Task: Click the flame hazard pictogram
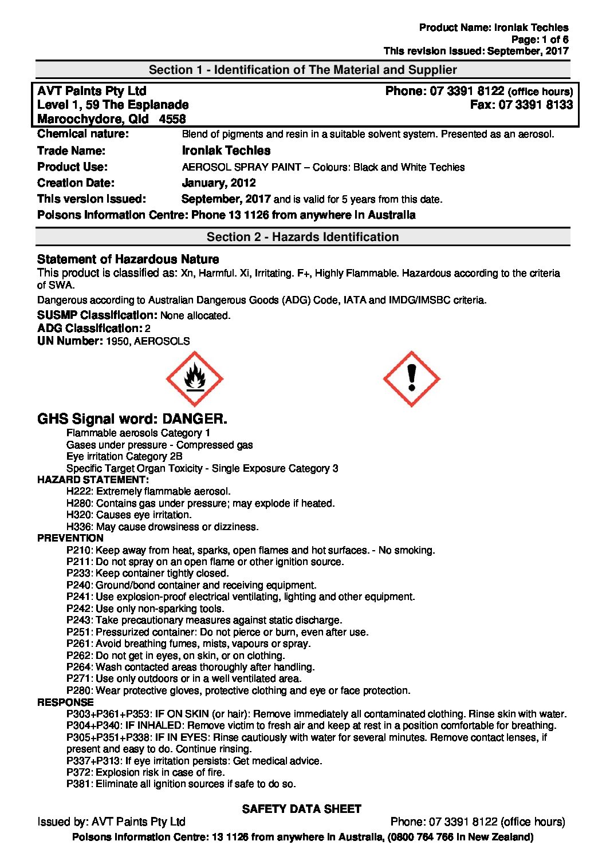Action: [194, 379]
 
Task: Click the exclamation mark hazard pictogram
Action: [411, 379]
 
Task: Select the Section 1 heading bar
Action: [302, 70]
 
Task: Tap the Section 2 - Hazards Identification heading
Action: [302, 237]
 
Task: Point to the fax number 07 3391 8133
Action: [536, 105]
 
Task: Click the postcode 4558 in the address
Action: [172, 119]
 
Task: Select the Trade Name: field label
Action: [71, 151]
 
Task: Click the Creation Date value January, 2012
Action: [218, 183]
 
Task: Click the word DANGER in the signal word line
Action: [194, 418]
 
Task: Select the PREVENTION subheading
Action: [70, 538]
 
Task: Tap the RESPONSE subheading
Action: [65, 702]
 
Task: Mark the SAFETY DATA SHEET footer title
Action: [302, 809]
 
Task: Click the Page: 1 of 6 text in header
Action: [540, 40]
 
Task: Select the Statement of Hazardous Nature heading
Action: [128, 259]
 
